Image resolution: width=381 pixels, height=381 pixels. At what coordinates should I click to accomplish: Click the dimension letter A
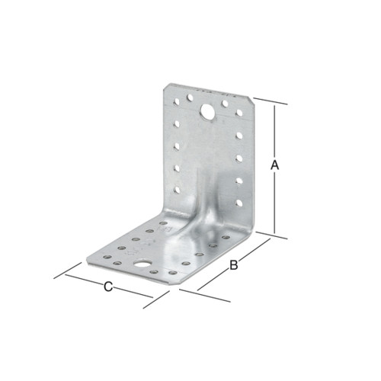pyautogui.click(x=274, y=165)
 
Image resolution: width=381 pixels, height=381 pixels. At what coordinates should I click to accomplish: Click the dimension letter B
pyautogui.click(x=234, y=264)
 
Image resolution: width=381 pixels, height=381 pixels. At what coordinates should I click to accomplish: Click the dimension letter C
pyautogui.click(x=108, y=287)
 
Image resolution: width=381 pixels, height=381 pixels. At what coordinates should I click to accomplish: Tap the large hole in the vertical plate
pyautogui.click(x=207, y=112)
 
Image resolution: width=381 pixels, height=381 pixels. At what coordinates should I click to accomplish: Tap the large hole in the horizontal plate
pyautogui.click(x=142, y=264)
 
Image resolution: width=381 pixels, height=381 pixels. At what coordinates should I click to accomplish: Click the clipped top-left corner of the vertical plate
pyautogui.click(x=165, y=87)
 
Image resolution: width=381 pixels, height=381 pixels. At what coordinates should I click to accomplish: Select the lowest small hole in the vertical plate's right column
pyautogui.click(x=239, y=203)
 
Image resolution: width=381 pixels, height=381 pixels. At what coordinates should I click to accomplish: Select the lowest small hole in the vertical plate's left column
pyautogui.click(x=177, y=190)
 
